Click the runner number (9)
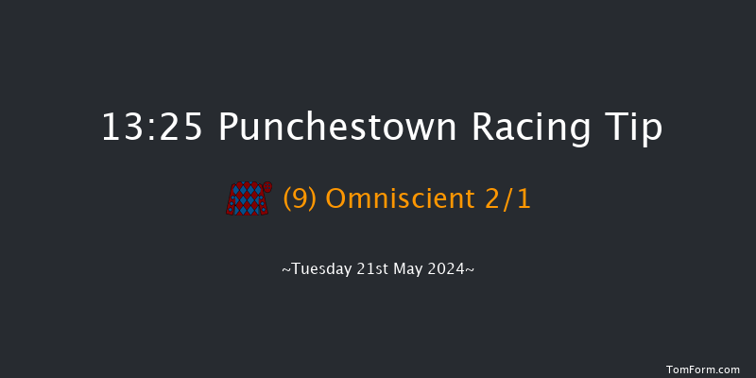click(x=301, y=198)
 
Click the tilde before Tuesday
click(x=285, y=269)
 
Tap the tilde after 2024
click(x=470, y=269)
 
